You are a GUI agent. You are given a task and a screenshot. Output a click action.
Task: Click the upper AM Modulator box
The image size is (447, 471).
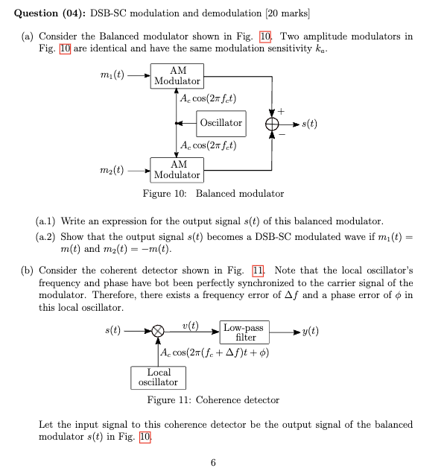[177, 75]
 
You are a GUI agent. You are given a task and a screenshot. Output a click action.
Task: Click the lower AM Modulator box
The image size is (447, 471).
[177, 169]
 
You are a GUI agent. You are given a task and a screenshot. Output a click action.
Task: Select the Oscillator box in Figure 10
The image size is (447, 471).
[221, 122]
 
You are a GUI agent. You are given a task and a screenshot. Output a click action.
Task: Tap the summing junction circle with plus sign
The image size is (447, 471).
[273, 123]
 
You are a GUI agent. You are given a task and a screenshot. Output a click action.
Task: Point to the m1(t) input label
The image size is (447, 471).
[112, 75]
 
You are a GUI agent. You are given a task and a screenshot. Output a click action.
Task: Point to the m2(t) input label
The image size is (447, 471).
[112, 170]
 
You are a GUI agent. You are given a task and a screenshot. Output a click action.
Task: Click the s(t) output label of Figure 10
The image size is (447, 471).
[308, 123]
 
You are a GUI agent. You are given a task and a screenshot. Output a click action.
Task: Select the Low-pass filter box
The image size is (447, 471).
[246, 332]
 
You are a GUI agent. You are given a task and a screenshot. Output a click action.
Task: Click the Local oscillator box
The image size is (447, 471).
[158, 377]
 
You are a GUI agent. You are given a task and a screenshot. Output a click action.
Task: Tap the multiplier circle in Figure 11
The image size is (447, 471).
[158, 332]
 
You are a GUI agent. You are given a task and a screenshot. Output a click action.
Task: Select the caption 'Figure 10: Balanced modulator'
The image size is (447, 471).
[214, 194]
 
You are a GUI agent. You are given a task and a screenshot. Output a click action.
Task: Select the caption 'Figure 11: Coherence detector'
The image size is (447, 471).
[214, 400]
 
